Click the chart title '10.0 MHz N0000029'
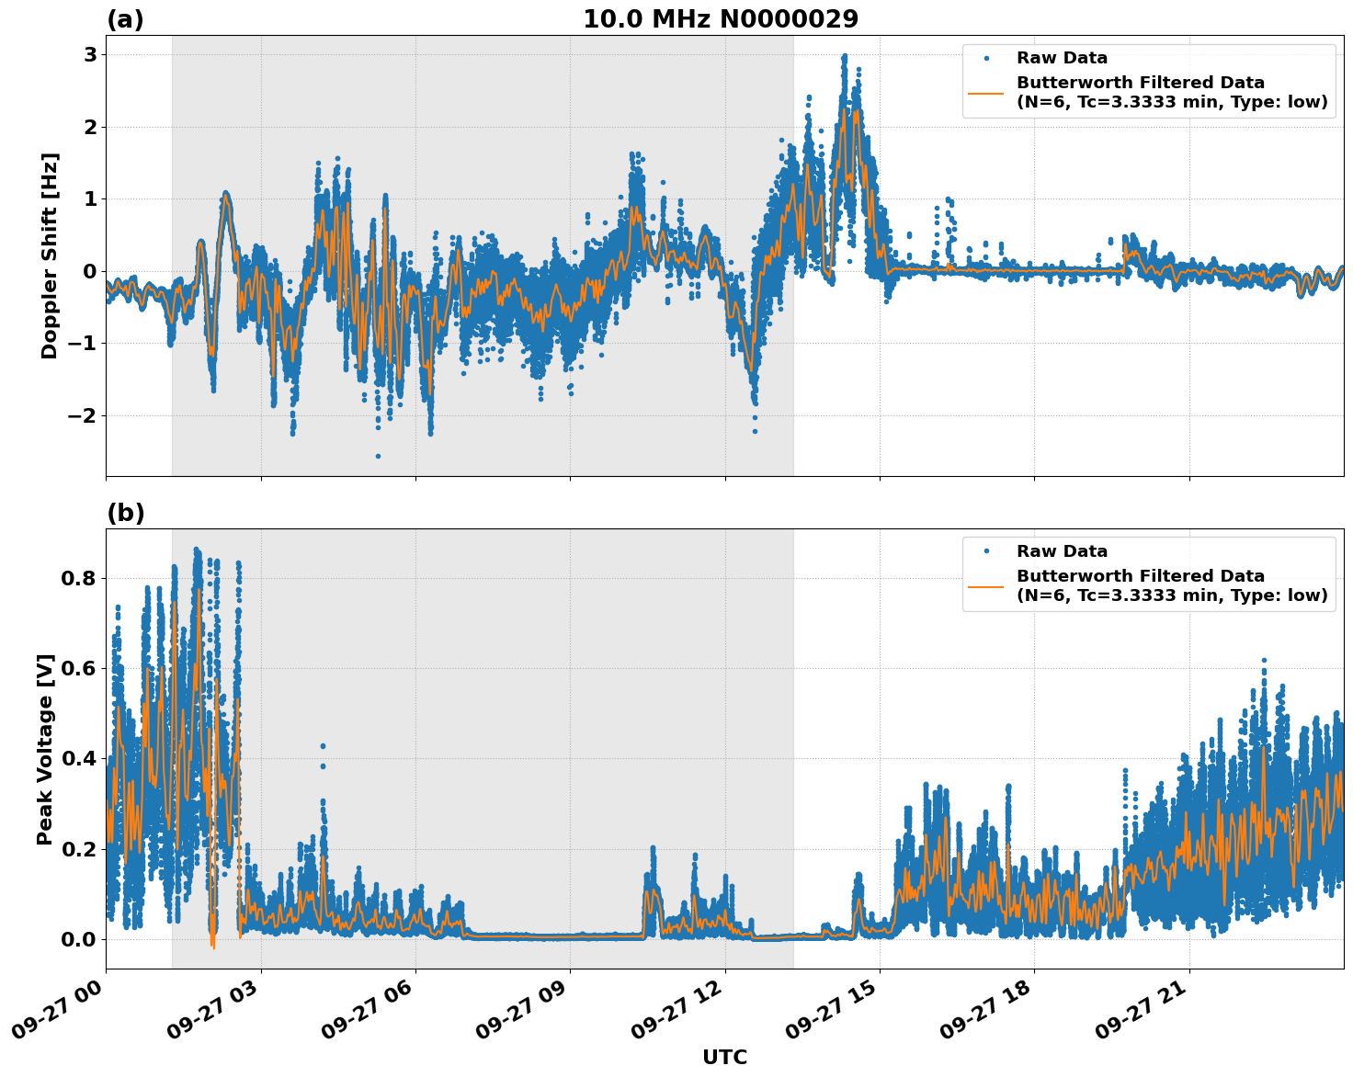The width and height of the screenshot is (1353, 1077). click(x=721, y=19)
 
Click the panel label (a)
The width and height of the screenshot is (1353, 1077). click(x=125, y=19)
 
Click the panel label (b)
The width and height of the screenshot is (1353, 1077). click(x=125, y=513)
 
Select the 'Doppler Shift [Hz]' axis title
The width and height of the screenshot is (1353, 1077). click(x=50, y=255)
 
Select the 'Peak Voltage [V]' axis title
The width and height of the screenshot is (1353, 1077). click(x=45, y=749)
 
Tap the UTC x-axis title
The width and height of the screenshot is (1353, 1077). click(x=724, y=1057)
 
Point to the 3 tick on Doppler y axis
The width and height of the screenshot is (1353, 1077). click(x=89, y=54)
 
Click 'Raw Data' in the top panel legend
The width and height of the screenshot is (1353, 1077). click(x=1062, y=58)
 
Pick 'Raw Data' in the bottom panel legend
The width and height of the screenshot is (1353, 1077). click(x=1062, y=551)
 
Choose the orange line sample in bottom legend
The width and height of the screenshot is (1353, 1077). click(x=986, y=585)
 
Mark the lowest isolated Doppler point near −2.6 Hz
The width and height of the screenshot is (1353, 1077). click(x=377, y=456)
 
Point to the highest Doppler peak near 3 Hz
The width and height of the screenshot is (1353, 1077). click(x=844, y=56)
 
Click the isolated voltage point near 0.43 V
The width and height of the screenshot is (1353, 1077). click(x=323, y=746)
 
